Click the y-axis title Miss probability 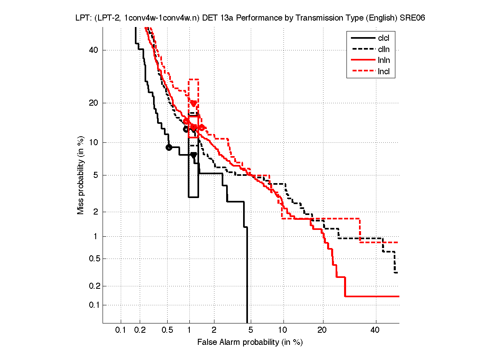click(81, 175)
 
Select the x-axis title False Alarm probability click(250, 342)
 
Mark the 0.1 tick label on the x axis click(121, 330)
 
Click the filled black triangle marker click(194, 155)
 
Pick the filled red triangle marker click(194, 104)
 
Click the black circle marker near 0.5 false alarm click(169, 147)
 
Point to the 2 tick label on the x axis click(214, 330)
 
